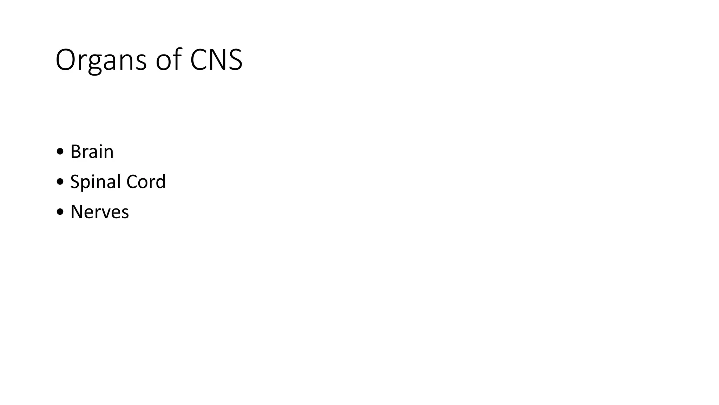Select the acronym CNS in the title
216,60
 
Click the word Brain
92,152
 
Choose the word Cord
146,182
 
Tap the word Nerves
100,212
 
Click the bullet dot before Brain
60,152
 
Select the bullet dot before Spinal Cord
60,182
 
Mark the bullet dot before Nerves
60,212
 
